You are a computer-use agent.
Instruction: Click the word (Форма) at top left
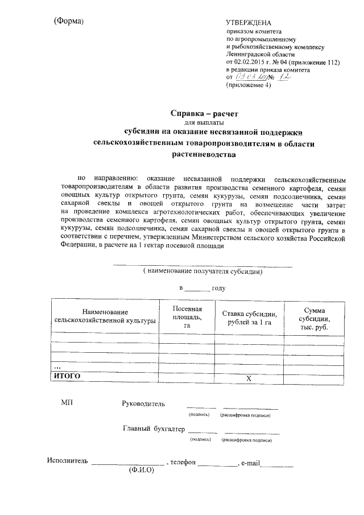tap(69, 21)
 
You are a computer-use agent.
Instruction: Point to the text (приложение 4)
tap(249, 85)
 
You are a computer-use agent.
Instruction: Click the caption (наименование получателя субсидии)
tap(203, 271)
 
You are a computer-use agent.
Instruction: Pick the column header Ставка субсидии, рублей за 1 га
tap(249, 318)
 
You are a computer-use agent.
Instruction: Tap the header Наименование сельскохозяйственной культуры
tap(105, 316)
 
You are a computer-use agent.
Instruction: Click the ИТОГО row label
tap(67, 376)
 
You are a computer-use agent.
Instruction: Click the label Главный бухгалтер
tap(154, 429)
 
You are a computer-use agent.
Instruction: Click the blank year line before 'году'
tap(197, 289)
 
